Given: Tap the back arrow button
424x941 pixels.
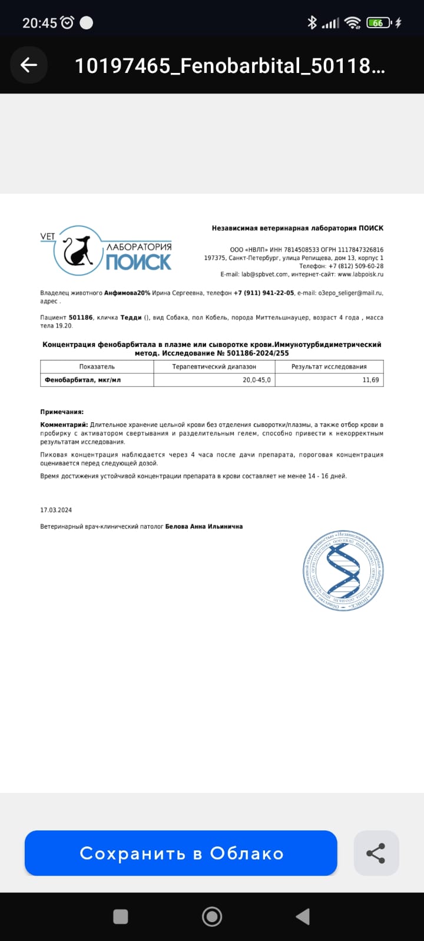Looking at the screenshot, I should click(x=28, y=65).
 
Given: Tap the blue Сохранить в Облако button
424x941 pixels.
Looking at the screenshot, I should click(x=181, y=853).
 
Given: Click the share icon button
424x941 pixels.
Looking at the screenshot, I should click(x=376, y=853).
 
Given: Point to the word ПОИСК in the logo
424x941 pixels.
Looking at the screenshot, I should click(x=138, y=262).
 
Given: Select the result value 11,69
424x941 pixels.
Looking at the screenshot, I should click(x=370, y=381).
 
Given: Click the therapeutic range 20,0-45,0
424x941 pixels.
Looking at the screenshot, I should click(x=257, y=381).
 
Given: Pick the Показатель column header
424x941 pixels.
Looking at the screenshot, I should click(x=97, y=366).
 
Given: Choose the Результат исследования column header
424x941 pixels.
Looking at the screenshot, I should click(x=329, y=366).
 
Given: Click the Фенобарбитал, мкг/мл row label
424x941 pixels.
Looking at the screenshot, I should click(x=83, y=381).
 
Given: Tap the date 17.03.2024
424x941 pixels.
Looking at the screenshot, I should click(x=56, y=510).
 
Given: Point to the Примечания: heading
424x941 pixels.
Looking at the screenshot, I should click(x=62, y=412).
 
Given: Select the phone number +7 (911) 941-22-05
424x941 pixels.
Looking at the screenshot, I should click(x=264, y=293).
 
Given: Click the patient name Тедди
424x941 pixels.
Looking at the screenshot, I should click(x=131, y=318).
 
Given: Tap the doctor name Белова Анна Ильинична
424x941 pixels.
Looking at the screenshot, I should click(x=204, y=526).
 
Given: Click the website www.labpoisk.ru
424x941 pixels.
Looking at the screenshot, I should click(x=360, y=274).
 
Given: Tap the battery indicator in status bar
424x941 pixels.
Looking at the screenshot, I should click(x=377, y=23).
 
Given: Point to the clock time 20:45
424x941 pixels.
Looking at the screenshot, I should click(x=39, y=23).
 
